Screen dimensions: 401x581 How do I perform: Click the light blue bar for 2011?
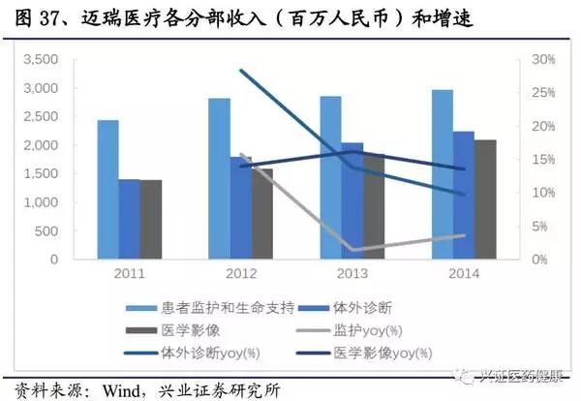[108, 190]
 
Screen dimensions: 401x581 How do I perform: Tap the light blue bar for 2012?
[220, 179]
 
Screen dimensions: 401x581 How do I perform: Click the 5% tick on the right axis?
[540, 228]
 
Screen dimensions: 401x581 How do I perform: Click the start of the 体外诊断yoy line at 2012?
[241, 70]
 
